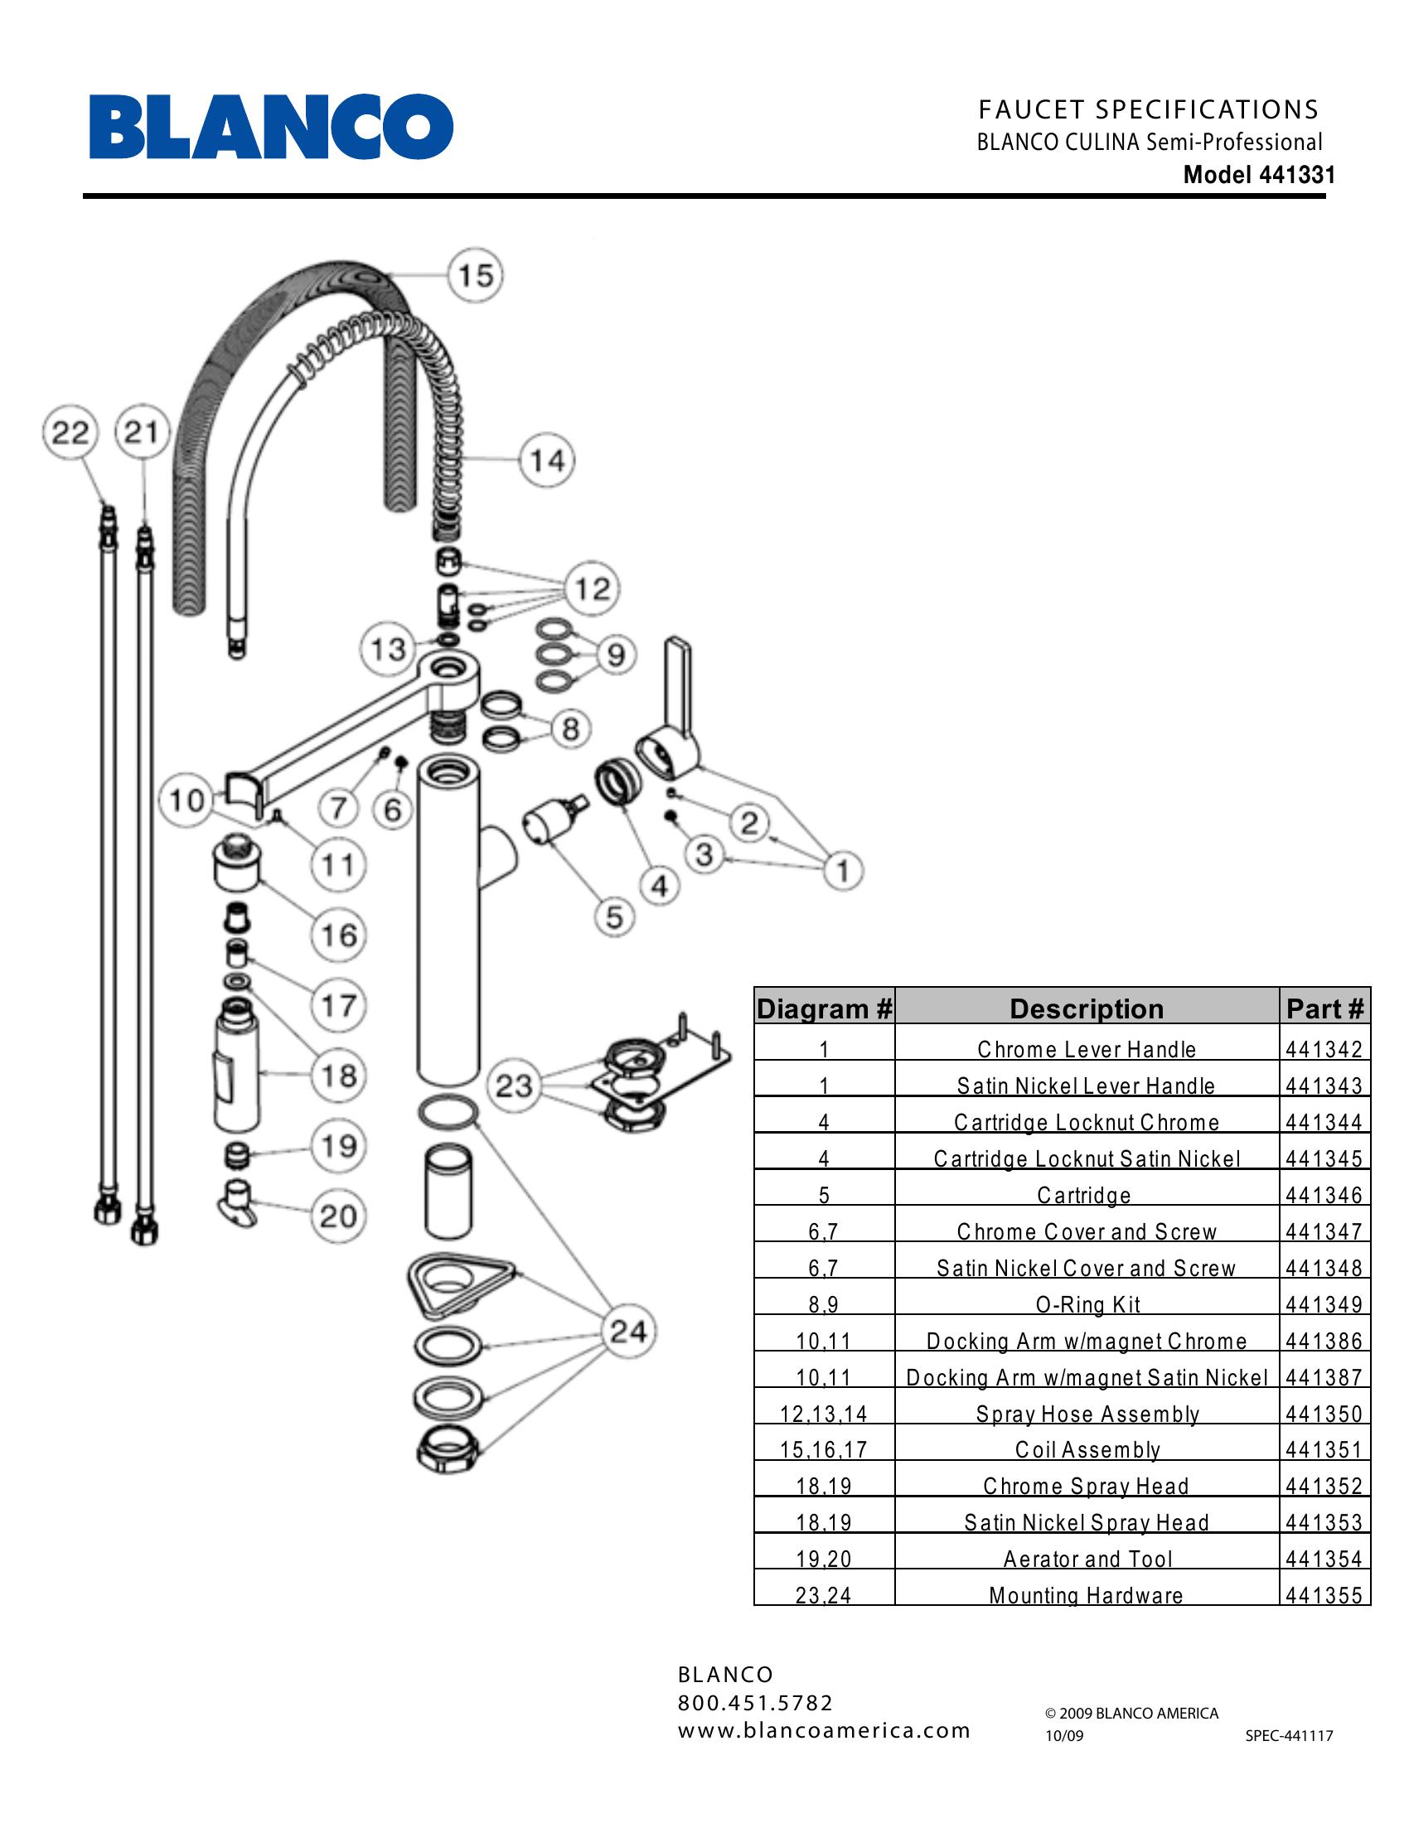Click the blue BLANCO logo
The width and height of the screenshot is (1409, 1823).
(271, 127)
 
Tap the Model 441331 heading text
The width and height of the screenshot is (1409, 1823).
(1259, 176)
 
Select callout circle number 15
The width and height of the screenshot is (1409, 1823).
(476, 274)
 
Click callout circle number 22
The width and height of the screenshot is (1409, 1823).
(70, 433)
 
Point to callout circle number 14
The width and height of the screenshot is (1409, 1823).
(548, 460)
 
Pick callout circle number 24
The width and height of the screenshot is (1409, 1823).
(628, 1331)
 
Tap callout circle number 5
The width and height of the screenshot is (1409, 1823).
(614, 916)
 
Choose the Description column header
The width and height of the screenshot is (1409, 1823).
(1086, 1008)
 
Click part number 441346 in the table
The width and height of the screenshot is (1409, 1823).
(1324, 1195)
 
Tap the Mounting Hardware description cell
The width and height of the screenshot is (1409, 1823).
(1086, 1596)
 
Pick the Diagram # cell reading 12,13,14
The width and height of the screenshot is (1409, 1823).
(824, 1414)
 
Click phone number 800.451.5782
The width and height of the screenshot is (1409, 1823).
(755, 1703)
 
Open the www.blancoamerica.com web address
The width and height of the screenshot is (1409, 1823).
(824, 1730)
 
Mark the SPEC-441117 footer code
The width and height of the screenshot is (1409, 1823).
(1289, 1736)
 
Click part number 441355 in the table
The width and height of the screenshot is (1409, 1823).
(1324, 1596)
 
